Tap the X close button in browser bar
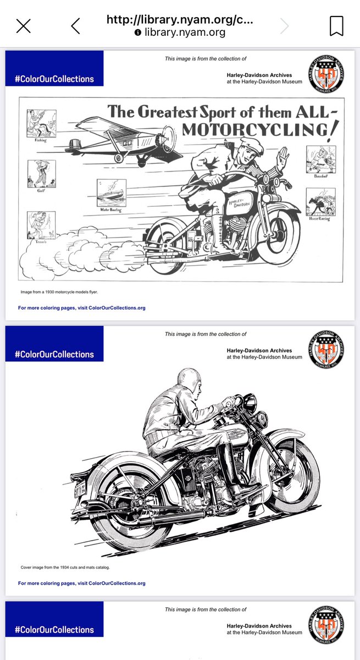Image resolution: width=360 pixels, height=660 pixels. [x=23, y=25]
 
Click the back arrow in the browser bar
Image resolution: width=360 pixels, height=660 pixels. [x=75, y=25]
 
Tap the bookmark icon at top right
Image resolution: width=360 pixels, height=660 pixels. [x=336, y=25]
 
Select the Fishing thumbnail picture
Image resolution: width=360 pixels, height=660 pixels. [x=41, y=123]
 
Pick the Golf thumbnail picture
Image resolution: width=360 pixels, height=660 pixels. [x=41, y=174]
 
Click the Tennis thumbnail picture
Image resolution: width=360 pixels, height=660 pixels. [x=41, y=225]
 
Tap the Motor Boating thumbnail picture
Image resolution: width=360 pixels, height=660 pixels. [x=112, y=193]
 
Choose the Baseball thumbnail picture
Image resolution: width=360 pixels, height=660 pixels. [x=321, y=159]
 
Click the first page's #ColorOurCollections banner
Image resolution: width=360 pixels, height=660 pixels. [x=54, y=79]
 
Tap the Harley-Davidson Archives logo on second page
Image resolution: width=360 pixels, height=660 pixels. [x=326, y=350]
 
